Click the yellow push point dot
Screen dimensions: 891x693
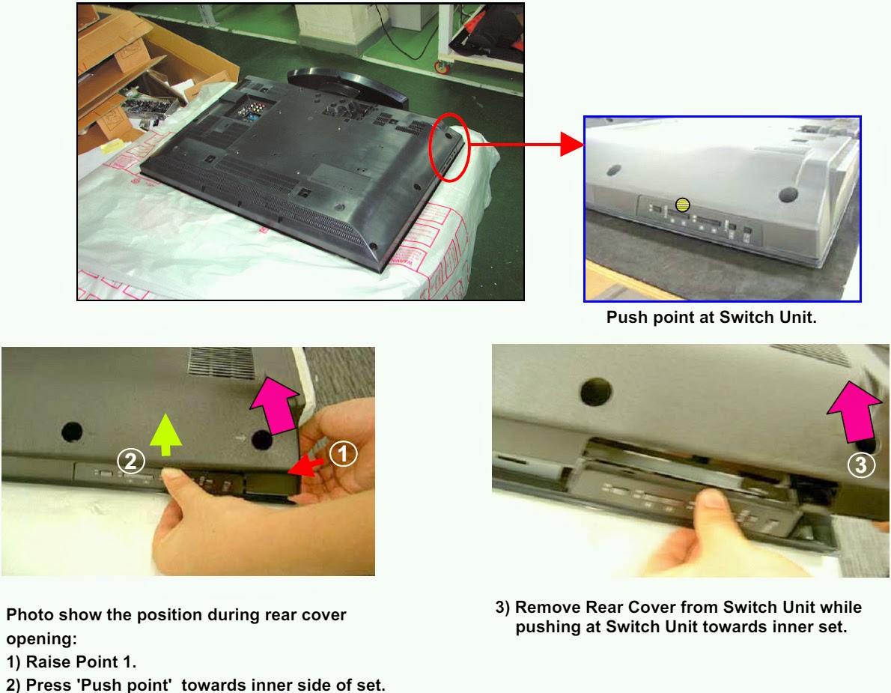682,205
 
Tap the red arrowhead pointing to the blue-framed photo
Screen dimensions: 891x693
573,144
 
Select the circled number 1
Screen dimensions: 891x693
343,454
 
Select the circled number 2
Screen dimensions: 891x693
131,461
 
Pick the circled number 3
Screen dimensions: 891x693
861,464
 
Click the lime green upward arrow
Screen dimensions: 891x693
165,435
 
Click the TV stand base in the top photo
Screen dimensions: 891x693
347,86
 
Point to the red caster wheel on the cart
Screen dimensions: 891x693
442,67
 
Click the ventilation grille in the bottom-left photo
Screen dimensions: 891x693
221,362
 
